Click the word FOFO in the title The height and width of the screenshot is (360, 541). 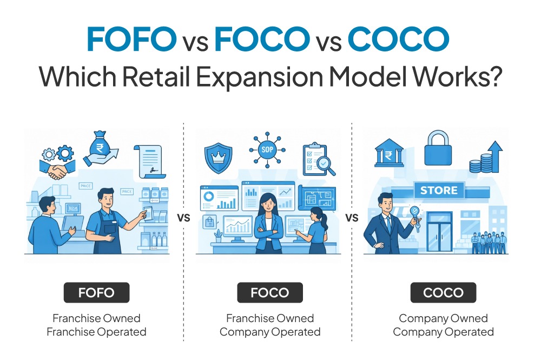click(132, 40)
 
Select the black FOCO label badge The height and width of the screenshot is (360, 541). click(269, 293)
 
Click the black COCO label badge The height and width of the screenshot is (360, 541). click(443, 293)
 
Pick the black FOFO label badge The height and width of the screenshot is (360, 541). click(96, 293)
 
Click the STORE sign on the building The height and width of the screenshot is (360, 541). click(439, 191)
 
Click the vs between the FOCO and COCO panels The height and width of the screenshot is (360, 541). click(352, 218)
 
